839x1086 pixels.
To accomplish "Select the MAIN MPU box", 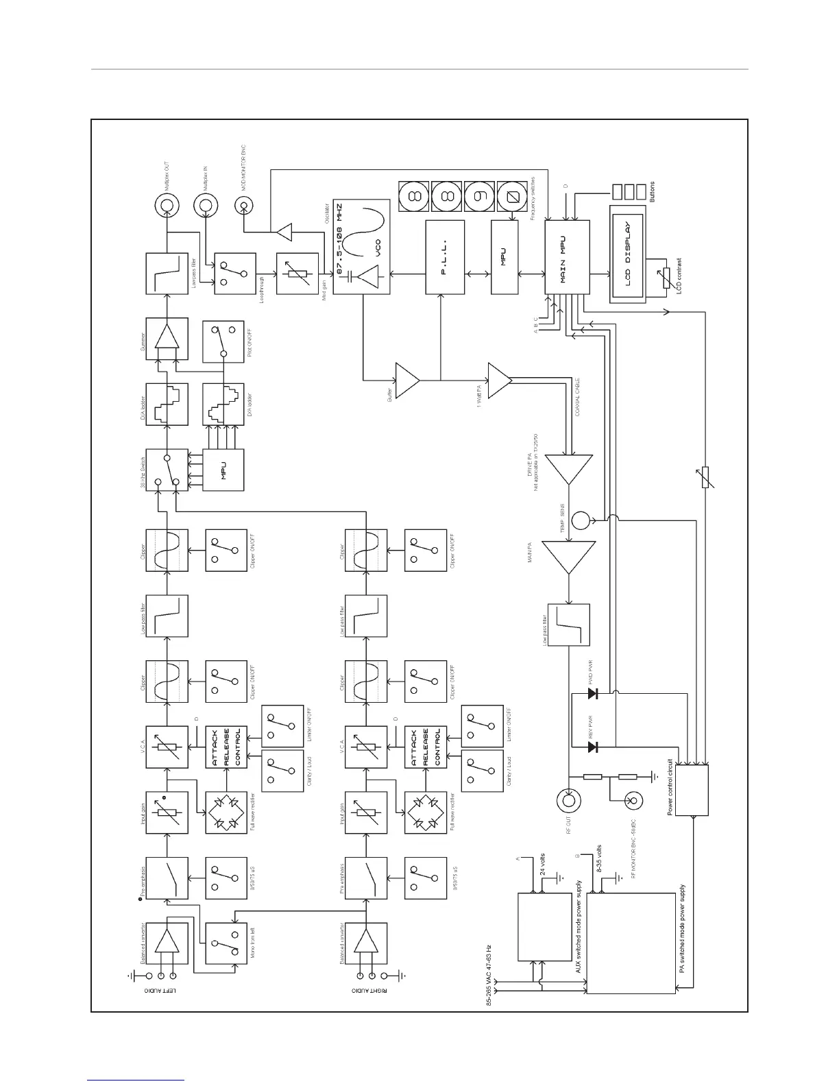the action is pos(566,258).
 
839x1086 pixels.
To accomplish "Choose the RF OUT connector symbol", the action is pos(568,799).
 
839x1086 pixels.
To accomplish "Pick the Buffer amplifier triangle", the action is pos(407,379).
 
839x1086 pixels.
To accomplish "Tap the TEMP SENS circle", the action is pos(580,520).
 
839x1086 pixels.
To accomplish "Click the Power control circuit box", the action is pos(692,791).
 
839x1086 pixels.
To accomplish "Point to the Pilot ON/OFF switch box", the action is pos(223,341).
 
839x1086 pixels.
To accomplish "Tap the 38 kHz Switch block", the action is pos(167,470).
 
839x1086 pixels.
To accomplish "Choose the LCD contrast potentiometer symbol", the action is pos(663,278).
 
